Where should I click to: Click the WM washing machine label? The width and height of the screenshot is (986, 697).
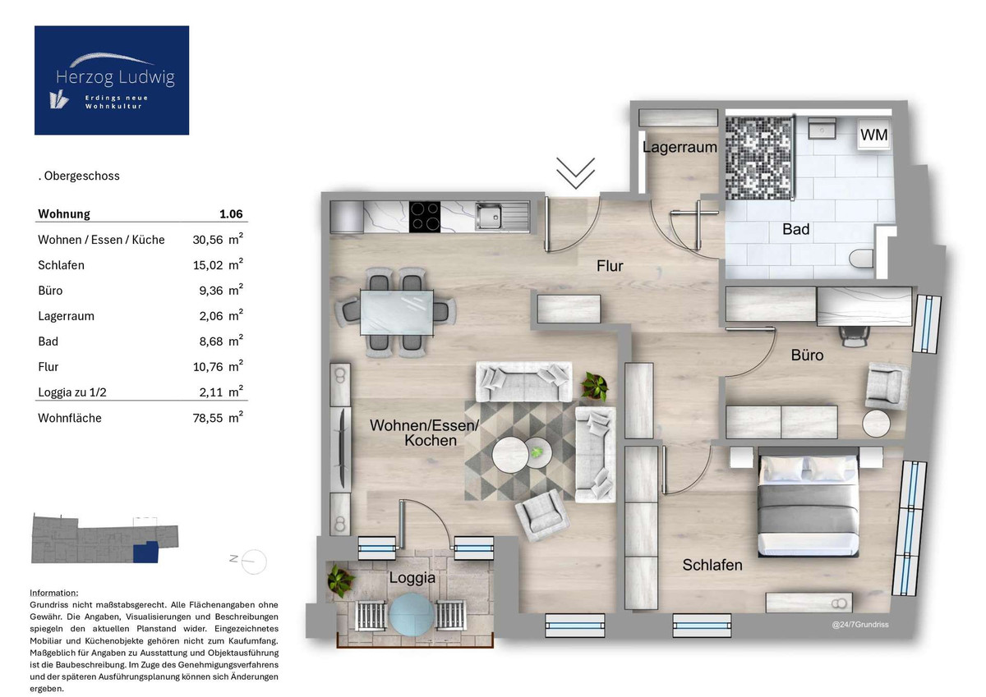(x=873, y=135)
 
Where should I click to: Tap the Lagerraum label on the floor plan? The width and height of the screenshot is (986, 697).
(x=680, y=147)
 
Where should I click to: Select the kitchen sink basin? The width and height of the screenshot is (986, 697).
(x=489, y=217)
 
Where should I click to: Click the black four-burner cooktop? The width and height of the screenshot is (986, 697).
(x=425, y=217)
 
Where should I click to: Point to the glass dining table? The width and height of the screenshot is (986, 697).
(x=397, y=313)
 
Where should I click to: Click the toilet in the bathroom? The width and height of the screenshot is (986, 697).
(x=861, y=259)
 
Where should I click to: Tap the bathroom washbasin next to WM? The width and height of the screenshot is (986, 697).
(x=822, y=128)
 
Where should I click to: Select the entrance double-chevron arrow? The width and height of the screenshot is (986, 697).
(x=575, y=173)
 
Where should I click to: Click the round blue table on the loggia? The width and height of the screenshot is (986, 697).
(x=412, y=614)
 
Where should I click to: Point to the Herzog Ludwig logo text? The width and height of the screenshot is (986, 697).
(x=115, y=77)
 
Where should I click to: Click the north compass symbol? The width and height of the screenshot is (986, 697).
(x=249, y=561)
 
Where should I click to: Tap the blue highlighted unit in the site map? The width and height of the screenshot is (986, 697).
(x=145, y=552)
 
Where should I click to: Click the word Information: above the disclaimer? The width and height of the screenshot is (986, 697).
(x=54, y=593)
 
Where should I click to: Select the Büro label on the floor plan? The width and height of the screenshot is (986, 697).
(x=807, y=355)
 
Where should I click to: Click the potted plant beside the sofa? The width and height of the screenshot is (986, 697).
(x=594, y=387)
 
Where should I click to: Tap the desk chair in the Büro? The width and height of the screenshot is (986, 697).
(x=855, y=337)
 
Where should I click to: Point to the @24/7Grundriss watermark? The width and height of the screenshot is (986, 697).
(x=860, y=625)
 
